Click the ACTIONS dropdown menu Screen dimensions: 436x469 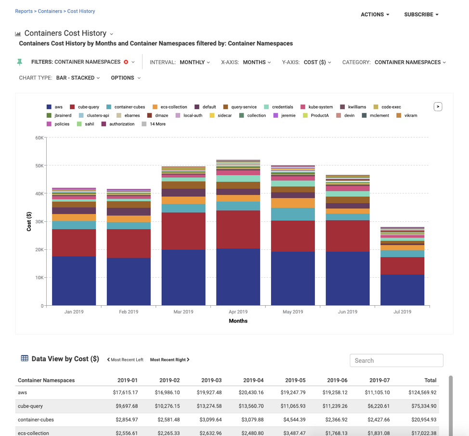coord(375,14)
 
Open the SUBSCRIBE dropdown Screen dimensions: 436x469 coord(421,14)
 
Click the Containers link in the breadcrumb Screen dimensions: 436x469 coord(50,11)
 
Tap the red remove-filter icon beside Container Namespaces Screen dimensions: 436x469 coord(126,62)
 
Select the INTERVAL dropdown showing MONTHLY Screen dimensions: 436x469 coord(195,62)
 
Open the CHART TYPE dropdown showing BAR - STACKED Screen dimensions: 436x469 coord(78,78)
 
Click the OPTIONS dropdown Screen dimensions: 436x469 coord(125,78)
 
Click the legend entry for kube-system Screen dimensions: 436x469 coord(316,107)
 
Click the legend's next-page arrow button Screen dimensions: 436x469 coord(438,107)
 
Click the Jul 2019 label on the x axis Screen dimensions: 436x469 coord(402,312)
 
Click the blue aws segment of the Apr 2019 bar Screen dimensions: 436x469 coord(238,277)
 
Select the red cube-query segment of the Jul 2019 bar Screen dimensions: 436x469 coord(402,266)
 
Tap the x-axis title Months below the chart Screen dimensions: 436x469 coord(238,321)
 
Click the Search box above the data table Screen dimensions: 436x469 coord(396,360)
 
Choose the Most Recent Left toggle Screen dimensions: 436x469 coord(125,360)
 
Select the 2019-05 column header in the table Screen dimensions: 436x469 coord(295,380)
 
